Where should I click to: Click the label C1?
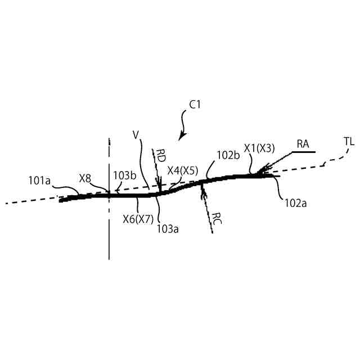point(195,104)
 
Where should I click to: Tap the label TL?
point(349,141)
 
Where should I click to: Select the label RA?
point(303,144)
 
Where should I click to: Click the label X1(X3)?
point(259,148)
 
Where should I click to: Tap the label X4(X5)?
point(183,170)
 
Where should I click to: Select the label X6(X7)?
point(138,219)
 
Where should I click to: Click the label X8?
point(85,178)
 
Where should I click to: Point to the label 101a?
point(40,181)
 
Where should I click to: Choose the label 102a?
point(295,203)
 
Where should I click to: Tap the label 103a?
point(168,228)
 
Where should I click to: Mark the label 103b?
point(125,175)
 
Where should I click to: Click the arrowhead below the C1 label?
point(180,138)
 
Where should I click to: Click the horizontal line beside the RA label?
point(304,152)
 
